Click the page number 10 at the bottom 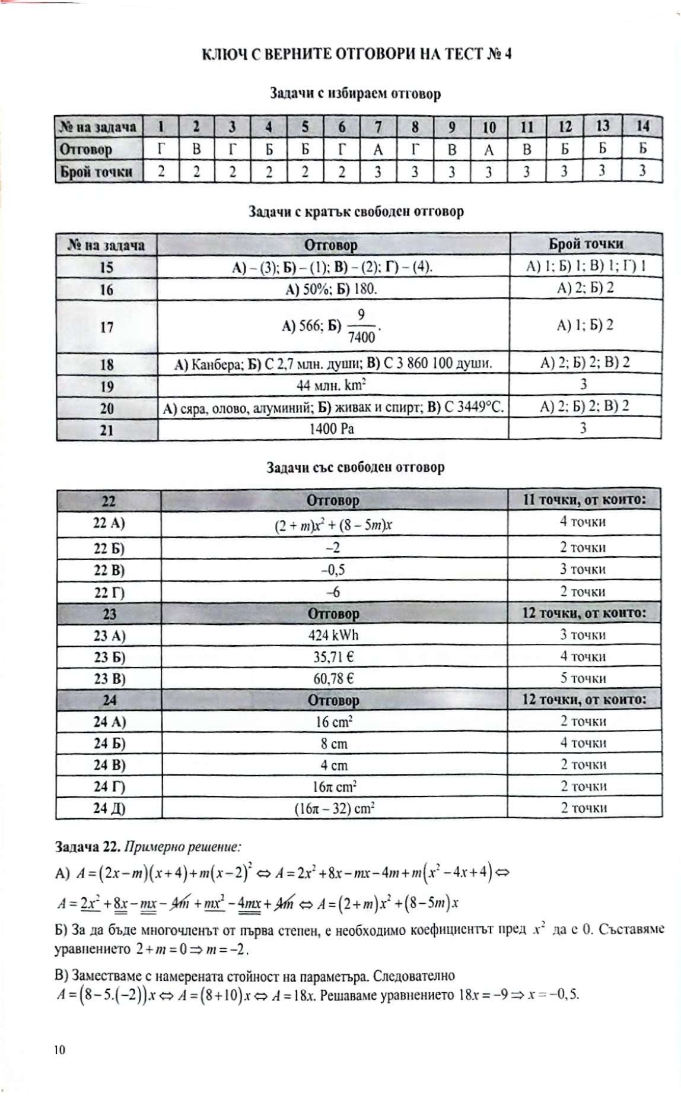click(59, 1049)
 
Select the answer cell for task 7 click(378, 150)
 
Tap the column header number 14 click(642, 126)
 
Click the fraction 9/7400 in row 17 click(361, 326)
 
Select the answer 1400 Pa click(332, 428)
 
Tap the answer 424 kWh click(333, 635)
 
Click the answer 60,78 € click(333, 678)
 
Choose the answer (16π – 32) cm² click(334, 808)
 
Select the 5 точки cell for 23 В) click(583, 678)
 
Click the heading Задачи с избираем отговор click(355, 94)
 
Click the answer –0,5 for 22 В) click(333, 570)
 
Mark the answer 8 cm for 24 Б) click(334, 744)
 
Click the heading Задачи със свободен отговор click(355, 467)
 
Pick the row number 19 click(107, 386)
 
